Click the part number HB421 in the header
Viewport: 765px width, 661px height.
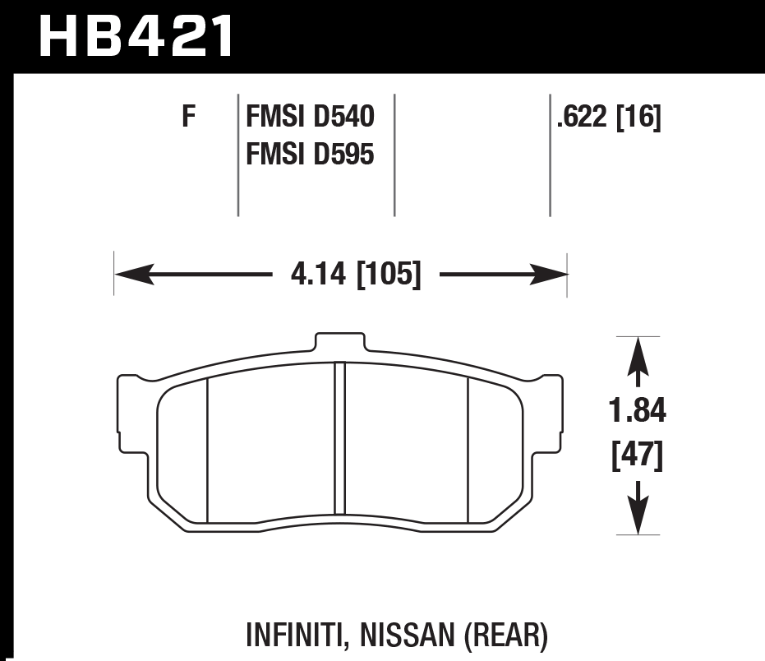(x=136, y=35)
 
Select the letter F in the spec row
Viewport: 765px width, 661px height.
(x=189, y=118)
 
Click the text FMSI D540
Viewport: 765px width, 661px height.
(x=310, y=118)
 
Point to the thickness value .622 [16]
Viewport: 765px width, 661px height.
(x=608, y=118)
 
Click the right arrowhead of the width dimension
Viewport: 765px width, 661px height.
(x=548, y=274)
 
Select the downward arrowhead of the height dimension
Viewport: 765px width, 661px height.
(x=638, y=515)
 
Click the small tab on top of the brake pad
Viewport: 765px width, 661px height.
(x=340, y=342)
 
